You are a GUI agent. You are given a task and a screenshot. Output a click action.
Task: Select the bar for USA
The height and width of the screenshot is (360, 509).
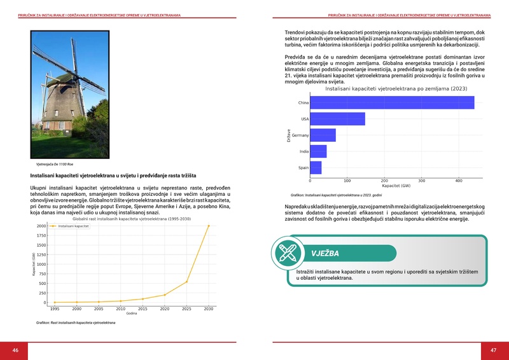(337, 119)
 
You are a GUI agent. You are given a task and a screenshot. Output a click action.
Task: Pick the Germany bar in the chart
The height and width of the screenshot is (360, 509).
(323, 135)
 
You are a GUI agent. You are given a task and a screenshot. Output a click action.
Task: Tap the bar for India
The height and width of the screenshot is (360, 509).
(318, 151)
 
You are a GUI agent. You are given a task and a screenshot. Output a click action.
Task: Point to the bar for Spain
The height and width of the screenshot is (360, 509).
(316, 168)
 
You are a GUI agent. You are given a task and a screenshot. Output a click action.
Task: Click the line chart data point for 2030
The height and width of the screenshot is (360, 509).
(208, 226)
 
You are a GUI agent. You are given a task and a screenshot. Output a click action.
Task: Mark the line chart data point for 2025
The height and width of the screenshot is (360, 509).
(186, 282)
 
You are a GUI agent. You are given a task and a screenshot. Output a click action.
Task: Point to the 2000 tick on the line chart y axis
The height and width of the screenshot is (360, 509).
(41, 226)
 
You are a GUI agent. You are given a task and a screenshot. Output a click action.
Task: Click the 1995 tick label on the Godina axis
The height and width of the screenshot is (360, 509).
(55, 308)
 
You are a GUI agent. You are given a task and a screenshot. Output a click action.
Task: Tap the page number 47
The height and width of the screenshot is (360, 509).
(493, 350)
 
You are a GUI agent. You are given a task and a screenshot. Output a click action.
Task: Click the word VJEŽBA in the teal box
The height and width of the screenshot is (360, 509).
(324, 253)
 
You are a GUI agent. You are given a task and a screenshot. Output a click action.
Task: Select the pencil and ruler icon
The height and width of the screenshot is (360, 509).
(287, 253)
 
